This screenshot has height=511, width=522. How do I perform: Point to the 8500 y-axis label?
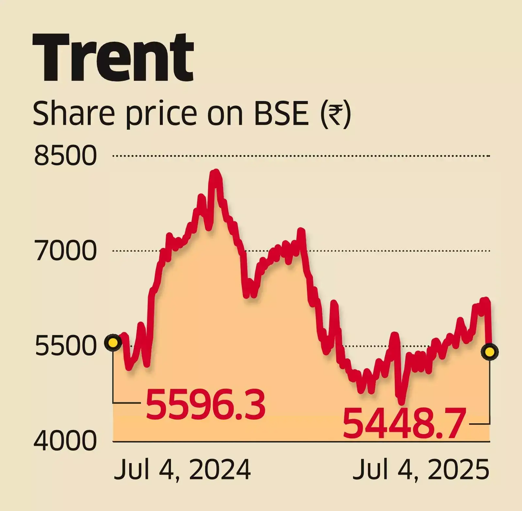coord(66,156)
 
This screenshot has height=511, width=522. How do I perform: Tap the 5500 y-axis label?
coord(66,346)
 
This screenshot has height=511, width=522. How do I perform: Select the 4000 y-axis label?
coord(65,441)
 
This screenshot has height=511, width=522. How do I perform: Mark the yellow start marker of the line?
coord(113,343)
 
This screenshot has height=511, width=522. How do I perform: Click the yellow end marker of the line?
coord(490,352)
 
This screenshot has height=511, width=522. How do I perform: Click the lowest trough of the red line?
coord(401,401)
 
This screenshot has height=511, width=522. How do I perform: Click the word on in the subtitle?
coord(225,114)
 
